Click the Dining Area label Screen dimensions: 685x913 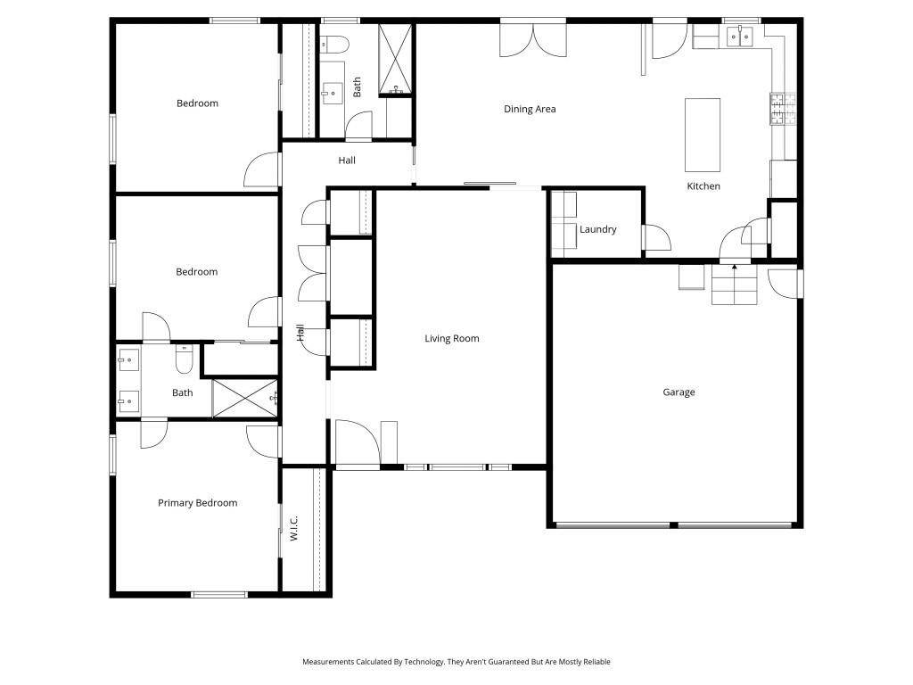(x=530, y=109)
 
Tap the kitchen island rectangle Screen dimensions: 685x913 (x=702, y=135)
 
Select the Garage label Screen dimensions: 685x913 (x=679, y=392)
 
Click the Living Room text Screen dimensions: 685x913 (x=451, y=338)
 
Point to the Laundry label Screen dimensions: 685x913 (x=597, y=229)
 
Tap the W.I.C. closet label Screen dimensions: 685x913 (x=293, y=529)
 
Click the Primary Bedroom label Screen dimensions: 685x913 (x=197, y=502)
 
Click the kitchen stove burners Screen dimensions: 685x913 (x=777, y=108)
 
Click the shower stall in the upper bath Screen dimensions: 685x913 (x=395, y=59)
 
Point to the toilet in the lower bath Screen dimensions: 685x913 (x=185, y=359)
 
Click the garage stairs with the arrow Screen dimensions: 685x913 (x=734, y=285)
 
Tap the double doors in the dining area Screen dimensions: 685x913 (x=531, y=39)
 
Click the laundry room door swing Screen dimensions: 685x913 (x=656, y=238)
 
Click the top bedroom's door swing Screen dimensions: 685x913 (x=262, y=169)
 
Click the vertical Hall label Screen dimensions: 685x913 (x=300, y=333)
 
